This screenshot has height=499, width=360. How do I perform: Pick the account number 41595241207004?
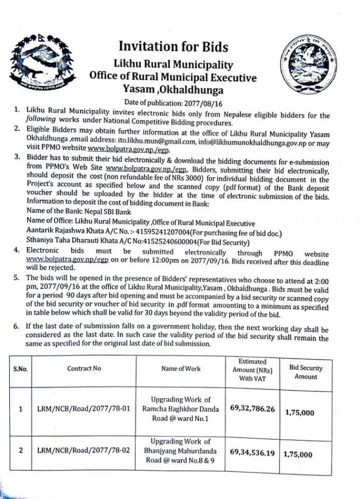pyautogui.click(x=143, y=233)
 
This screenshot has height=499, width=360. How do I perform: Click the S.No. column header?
pyautogui.click(x=20, y=368)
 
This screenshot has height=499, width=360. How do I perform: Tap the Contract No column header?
pyautogui.click(x=84, y=368)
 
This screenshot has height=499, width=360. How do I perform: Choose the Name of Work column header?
pyautogui.click(x=181, y=368)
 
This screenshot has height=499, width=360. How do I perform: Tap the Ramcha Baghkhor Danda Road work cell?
pyautogui.click(x=181, y=409)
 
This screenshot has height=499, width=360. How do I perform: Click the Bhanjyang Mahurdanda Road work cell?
pyautogui.click(x=181, y=451)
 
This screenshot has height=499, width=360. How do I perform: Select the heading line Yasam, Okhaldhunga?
pyautogui.click(x=173, y=89)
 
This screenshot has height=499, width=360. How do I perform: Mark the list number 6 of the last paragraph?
pyautogui.click(x=17, y=327)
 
